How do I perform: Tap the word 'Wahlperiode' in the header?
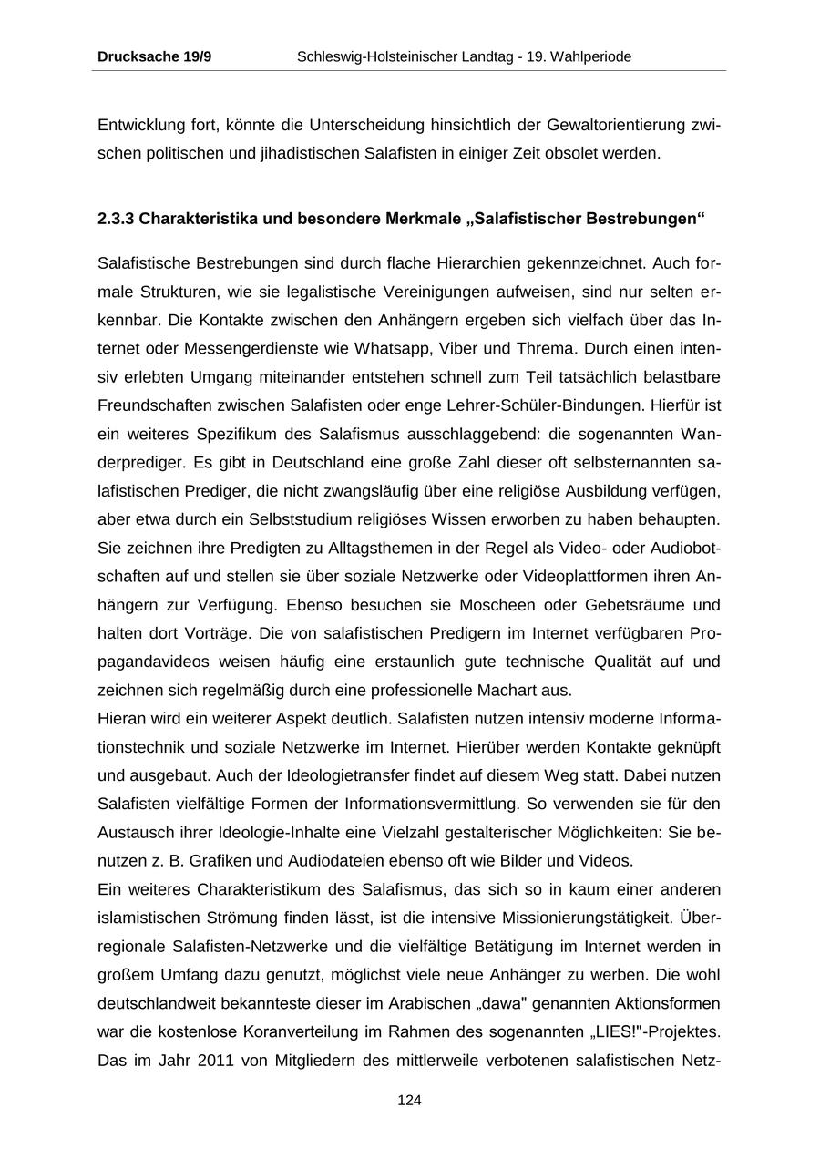590,56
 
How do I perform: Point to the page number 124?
409,1101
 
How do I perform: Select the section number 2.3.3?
116,220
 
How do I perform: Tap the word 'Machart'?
500,690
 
